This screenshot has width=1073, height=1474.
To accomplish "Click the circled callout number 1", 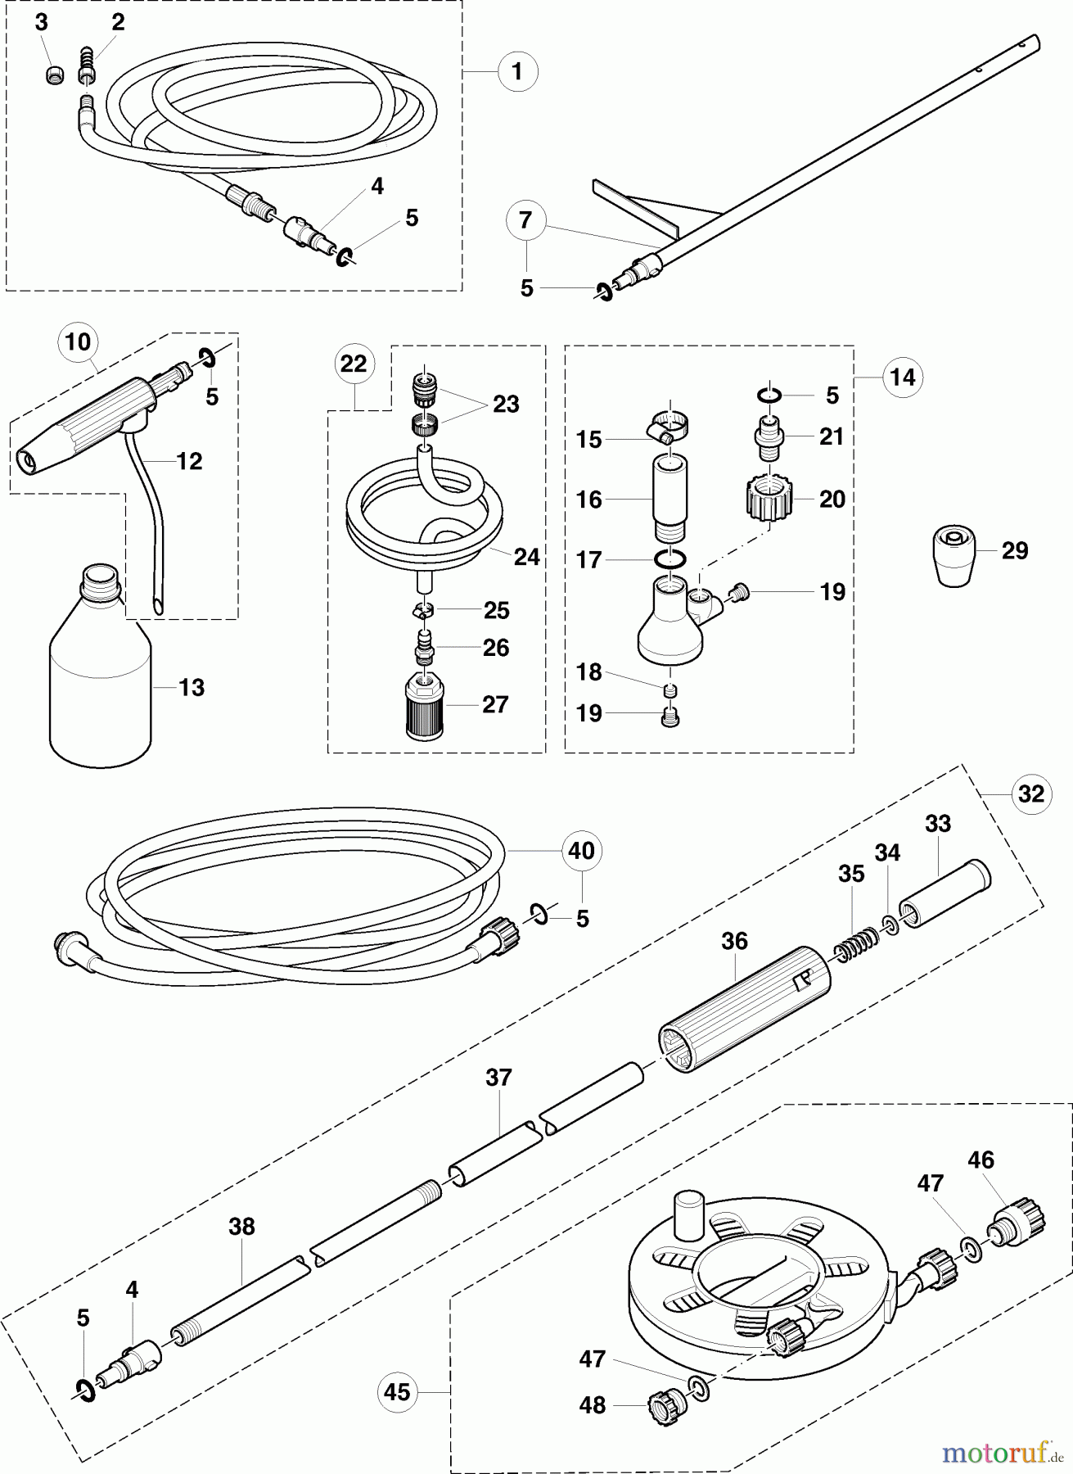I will (x=516, y=72).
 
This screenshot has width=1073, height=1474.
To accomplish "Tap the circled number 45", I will (x=397, y=1391).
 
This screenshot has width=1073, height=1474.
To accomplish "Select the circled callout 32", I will (x=1031, y=794).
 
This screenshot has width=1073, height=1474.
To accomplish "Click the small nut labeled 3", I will (x=54, y=75).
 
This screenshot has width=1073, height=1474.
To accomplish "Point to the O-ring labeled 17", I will (x=669, y=559).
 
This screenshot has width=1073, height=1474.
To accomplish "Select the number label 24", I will (x=526, y=556).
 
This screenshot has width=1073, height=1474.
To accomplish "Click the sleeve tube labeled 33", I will (x=945, y=901).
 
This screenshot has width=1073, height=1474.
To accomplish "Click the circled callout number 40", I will (x=581, y=851).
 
